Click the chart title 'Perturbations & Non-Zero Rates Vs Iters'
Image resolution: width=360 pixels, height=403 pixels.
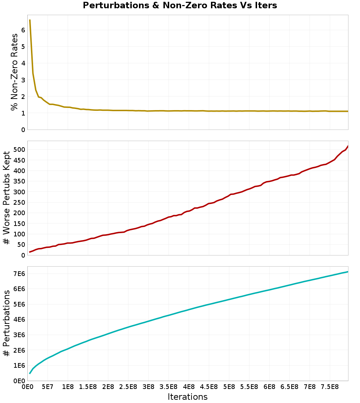(x=180, y=6)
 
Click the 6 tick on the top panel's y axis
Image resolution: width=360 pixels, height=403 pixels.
(x=23, y=30)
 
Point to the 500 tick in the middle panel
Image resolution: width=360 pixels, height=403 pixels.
(x=19, y=149)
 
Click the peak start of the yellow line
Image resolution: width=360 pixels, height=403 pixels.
(x=30, y=20)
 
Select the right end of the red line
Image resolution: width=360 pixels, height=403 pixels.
(x=348, y=146)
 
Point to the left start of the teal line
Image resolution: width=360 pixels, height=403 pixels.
(x=30, y=373)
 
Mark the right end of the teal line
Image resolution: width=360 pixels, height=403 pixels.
(x=348, y=272)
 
